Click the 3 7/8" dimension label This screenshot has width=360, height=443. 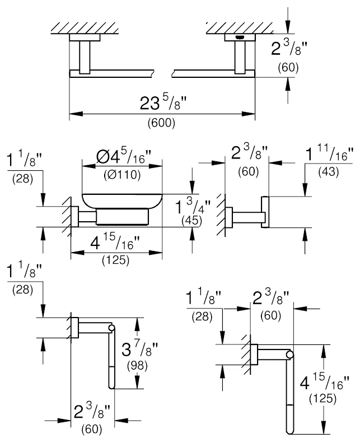click(139, 351)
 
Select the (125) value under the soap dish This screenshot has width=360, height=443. click(117, 260)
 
